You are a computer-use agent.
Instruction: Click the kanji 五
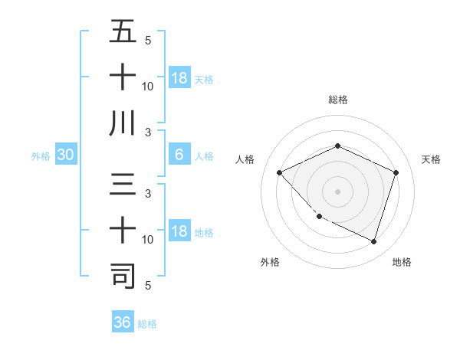pos(123,32)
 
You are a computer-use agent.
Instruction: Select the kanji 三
pos(123,185)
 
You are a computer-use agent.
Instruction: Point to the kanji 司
pos(123,276)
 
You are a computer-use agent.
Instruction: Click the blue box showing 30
pos(65,155)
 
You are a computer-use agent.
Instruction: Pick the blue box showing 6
pos(179,155)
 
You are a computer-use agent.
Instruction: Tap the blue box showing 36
pos(123,322)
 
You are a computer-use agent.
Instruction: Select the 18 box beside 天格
pos(179,78)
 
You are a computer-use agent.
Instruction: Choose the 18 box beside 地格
pos(179,232)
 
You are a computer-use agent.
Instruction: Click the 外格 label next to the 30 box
pos(41,156)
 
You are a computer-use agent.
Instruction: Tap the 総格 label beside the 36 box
pos(147,323)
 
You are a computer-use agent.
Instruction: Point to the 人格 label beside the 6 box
pos(204,156)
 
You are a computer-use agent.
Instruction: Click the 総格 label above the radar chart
pos(337,100)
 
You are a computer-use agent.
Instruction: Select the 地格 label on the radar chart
pos(402,262)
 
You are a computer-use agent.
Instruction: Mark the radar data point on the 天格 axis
pos(396,172)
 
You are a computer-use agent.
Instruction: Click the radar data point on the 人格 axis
pos(280,172)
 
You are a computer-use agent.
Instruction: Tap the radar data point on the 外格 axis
pos(320,217)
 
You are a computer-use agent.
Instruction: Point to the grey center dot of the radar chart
pos(337,191)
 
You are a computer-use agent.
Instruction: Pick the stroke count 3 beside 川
pos(147,133)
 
